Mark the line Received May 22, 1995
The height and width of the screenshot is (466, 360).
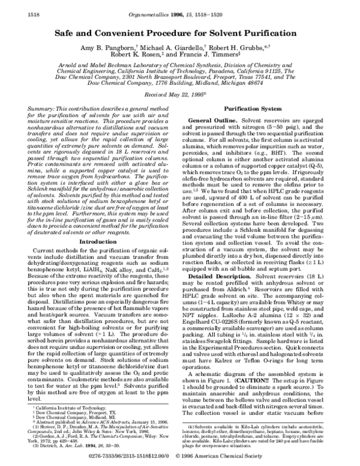click(x=179, y=95)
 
